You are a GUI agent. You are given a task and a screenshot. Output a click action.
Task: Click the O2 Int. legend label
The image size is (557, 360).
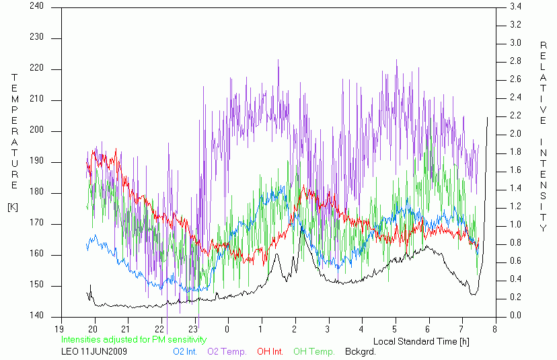(x=185, y=352)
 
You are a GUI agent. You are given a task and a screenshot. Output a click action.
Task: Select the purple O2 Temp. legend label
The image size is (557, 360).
(x=227, y=352)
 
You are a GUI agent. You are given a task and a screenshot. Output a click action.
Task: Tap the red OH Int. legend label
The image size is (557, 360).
(x=270, y=352)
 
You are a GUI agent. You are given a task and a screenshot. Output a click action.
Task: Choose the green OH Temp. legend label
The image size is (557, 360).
(x=314, y=352)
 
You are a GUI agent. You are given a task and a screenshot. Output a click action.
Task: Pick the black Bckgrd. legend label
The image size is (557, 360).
(x=360, y=352)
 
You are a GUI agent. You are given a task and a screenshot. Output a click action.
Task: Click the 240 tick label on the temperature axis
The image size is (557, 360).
(x=36, y=6)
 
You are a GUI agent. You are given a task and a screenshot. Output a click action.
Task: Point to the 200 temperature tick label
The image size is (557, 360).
(x=36, y=130)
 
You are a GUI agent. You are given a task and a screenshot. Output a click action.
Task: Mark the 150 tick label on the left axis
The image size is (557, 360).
(x=36, y=285)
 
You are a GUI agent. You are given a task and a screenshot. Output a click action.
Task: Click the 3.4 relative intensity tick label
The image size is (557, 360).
(x=515, y=7)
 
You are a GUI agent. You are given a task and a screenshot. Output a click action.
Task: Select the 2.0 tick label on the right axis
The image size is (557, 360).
(x=515, y=134)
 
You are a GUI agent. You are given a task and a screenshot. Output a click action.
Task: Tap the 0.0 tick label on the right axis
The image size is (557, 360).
(x=515, y=315)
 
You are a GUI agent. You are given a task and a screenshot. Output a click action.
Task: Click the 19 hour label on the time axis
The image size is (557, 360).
(x=59, y=329)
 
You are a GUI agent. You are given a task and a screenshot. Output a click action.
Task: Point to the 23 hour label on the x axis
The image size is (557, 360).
(x=193, y=329)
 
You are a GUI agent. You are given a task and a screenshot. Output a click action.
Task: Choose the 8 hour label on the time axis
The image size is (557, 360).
(x=494, y=329)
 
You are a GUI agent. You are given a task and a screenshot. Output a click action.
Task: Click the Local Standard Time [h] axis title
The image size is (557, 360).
(x=421, y=342)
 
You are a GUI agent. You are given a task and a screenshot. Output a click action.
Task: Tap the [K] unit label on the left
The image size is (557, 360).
(x=13, y=207)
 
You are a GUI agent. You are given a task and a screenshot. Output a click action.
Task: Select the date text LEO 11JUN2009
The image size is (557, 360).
(x=94, y=352)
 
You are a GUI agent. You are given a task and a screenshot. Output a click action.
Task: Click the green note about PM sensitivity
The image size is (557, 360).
(x=134, y=339)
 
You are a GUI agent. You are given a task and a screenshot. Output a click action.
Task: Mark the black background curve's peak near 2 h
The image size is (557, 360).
(x=302, y=227)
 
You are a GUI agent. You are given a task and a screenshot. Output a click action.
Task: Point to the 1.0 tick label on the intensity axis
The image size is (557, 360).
(x=515, y=225)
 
